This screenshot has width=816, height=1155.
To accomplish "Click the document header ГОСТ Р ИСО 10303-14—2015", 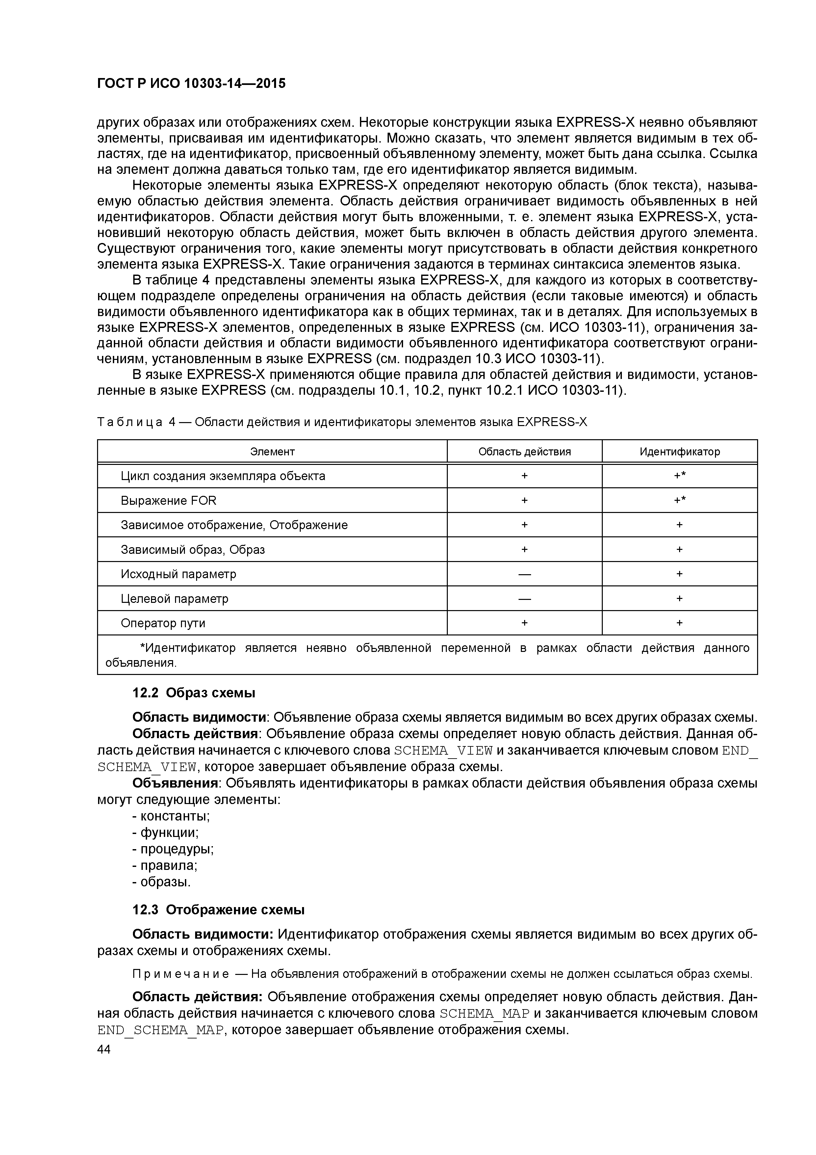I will tap(191, 84).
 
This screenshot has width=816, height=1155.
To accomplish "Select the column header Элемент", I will tap(272, 452).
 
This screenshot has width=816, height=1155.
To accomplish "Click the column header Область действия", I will tap(524, 452).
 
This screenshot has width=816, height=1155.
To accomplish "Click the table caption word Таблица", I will tap(130, 422).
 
